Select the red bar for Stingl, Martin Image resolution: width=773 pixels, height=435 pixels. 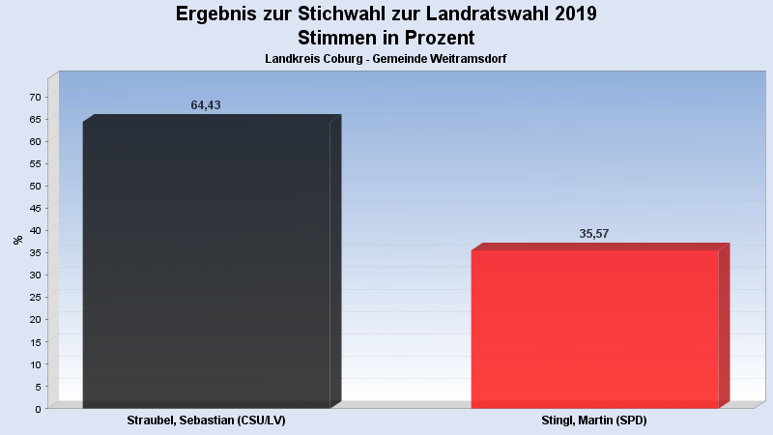(x=594, y=329)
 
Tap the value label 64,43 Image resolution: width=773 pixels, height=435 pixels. (x=206, y=105)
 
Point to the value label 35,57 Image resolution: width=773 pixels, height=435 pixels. (x=593, y=234)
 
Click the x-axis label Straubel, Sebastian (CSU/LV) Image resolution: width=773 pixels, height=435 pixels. (x=207, y=421)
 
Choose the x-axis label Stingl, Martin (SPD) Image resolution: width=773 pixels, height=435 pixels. (x=594, y=421)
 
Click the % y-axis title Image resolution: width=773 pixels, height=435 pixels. (x=17, y=240)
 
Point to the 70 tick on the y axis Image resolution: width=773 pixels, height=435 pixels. (x=35, y=97)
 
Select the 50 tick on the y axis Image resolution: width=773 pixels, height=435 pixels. (x=35, y=186)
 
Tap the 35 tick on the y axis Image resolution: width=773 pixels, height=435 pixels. (x=35, y=252)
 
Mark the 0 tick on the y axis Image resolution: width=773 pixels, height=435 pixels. (x=38, y=409)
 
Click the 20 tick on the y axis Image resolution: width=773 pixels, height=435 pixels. (x=35, y=319)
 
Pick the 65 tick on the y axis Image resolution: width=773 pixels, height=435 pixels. (x=35, y=119)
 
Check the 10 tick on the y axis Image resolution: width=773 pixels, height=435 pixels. (x=35, y=364)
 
